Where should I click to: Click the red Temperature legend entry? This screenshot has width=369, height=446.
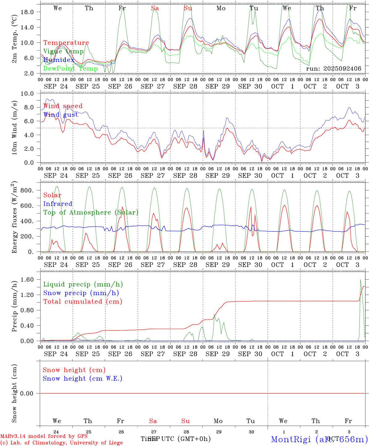[x=66, y=43]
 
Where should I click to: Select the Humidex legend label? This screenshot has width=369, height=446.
[x=59, y=60]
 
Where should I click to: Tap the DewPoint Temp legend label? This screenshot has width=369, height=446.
[x=70, y=69]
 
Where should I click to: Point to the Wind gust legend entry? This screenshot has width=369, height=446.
[x=61, y=115]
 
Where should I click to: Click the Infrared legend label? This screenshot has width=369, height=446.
[x=58, y=204]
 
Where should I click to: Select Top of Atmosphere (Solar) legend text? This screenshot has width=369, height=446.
[x=91, y=212]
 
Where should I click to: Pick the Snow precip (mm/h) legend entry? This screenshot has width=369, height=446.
[x=81, y=293]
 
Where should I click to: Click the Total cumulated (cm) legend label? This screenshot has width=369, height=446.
[x=83, y=302]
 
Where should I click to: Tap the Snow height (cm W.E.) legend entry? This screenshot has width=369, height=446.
[x=83, y=378]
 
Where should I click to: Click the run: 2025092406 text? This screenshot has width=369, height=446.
[x=333, y=69]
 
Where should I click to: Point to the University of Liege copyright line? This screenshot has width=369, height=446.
[x=61, y=443]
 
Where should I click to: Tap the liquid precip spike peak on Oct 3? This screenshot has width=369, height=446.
[x=360, y=280]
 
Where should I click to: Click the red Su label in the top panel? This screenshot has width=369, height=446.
[x=188, y=8]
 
